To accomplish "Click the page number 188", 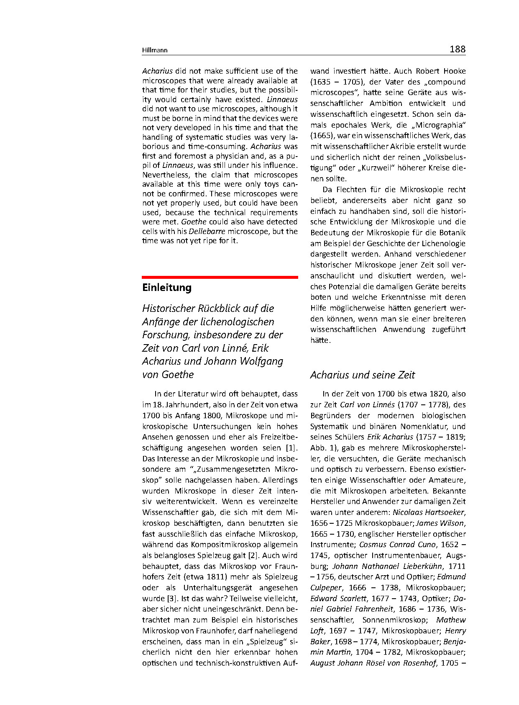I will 457,49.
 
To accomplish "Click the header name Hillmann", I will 155,50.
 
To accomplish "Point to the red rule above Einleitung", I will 220,277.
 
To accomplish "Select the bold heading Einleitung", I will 167,288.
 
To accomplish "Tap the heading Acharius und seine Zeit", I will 362,375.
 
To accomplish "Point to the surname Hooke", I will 454,71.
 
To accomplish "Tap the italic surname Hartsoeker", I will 445,512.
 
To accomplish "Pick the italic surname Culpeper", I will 326,588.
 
